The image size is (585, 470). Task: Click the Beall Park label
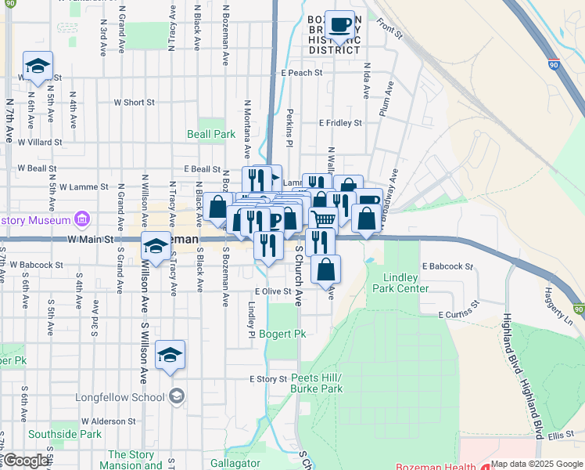[x=211, y=134]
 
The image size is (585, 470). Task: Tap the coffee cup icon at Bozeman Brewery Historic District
[x=339, y=25]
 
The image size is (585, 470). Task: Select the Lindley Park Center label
[x=406, y=283]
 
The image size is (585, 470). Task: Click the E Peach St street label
[x=301, y=73]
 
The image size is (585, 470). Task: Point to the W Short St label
[x=134, y=103]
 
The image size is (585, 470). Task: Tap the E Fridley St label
[x=340, y=123]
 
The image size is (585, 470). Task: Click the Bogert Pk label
[x=282, y=334]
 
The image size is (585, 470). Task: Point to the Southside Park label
[x=65, y=433]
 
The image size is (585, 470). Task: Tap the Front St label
[x=389, y=30]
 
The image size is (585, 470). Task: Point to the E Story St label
[x=268, y=379]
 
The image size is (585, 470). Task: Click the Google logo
[x=26, y=461]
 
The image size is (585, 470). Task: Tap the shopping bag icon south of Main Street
[x=325, y=269]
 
